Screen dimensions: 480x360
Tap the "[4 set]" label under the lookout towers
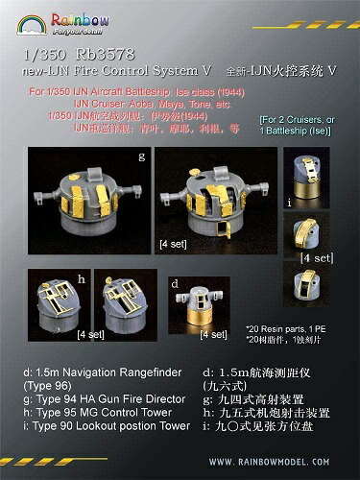[x=316, y=256]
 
